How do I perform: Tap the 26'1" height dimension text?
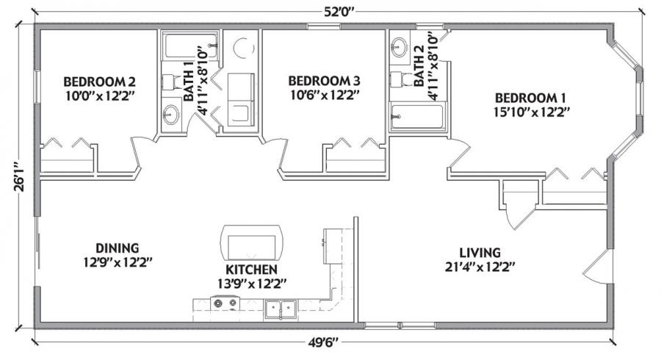(19, 176)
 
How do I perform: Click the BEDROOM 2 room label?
(99, 82)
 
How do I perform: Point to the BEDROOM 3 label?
(324, 81)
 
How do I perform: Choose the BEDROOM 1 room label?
(530, 98)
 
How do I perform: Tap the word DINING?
(118, 248)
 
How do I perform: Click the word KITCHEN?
(251, 270)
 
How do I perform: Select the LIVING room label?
(480, 253)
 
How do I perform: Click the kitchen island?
(252, 243)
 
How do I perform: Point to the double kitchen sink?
(281, 309)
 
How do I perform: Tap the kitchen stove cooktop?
(225, 303)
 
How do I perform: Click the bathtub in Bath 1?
(191, 46)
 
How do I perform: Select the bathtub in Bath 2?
(417, 116)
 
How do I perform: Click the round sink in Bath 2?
(399, 46)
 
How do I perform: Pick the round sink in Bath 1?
(171, 114)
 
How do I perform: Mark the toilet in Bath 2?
(401, 79)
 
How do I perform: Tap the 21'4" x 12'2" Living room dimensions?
(480, 267)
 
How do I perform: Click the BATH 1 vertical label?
(189, 81)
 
